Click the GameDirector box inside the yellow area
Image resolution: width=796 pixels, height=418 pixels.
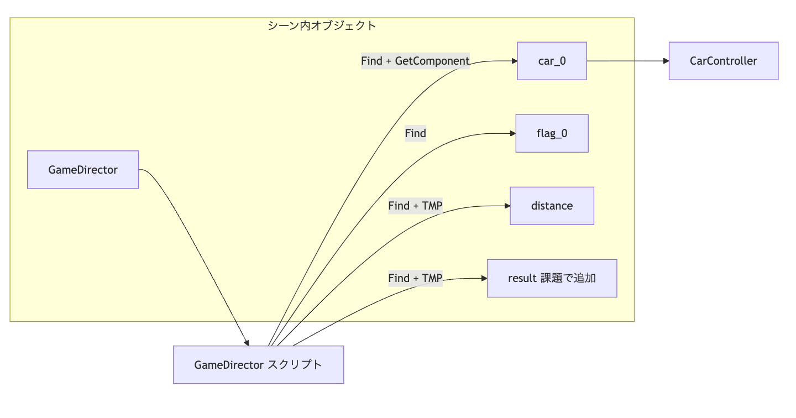pyautogui.click(x=83, y=170)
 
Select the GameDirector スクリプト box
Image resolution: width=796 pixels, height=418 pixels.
pyautogui.click(x=258, y=365)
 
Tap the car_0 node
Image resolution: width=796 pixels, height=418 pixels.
pyautogui.click(x=552, y=61)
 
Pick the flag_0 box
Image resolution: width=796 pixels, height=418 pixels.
pyautogui.click(x=552, y=133)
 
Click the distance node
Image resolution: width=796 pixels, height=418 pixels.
pyautogui.click(x=552, y=206)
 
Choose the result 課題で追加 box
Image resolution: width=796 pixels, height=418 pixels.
pyautogui.click(x=552, y=278)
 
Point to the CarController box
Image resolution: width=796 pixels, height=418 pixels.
pyautogui.click(x=723, y=61)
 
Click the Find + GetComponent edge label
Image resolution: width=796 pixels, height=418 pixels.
pyautogui.click(x=415, y=61)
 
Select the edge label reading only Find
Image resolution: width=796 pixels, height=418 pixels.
pyautogui.click(x=415, y=133)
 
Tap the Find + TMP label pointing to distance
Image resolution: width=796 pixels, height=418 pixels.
pyautogui.click(x=415, y=206)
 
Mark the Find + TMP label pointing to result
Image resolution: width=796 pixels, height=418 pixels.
pyautogui.click(x=415, y=278)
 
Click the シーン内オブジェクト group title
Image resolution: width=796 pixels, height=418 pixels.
pyautogui.click(x=322, y=25)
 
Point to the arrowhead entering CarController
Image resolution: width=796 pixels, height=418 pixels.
pyautogui.click(x=666, y=61)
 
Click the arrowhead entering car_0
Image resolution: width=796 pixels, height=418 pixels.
pyautogui.click(x=514, y=61)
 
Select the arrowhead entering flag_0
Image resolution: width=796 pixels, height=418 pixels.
pyautogui.click(x=512, y=133)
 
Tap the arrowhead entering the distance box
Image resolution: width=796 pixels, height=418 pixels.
pyautogui.click(x=507, y=206)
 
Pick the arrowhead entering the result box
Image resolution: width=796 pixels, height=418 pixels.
pyautogui.click(x=484, y=278)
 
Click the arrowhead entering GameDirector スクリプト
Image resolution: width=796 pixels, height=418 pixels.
pyautogui.click(x=247, y=343)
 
